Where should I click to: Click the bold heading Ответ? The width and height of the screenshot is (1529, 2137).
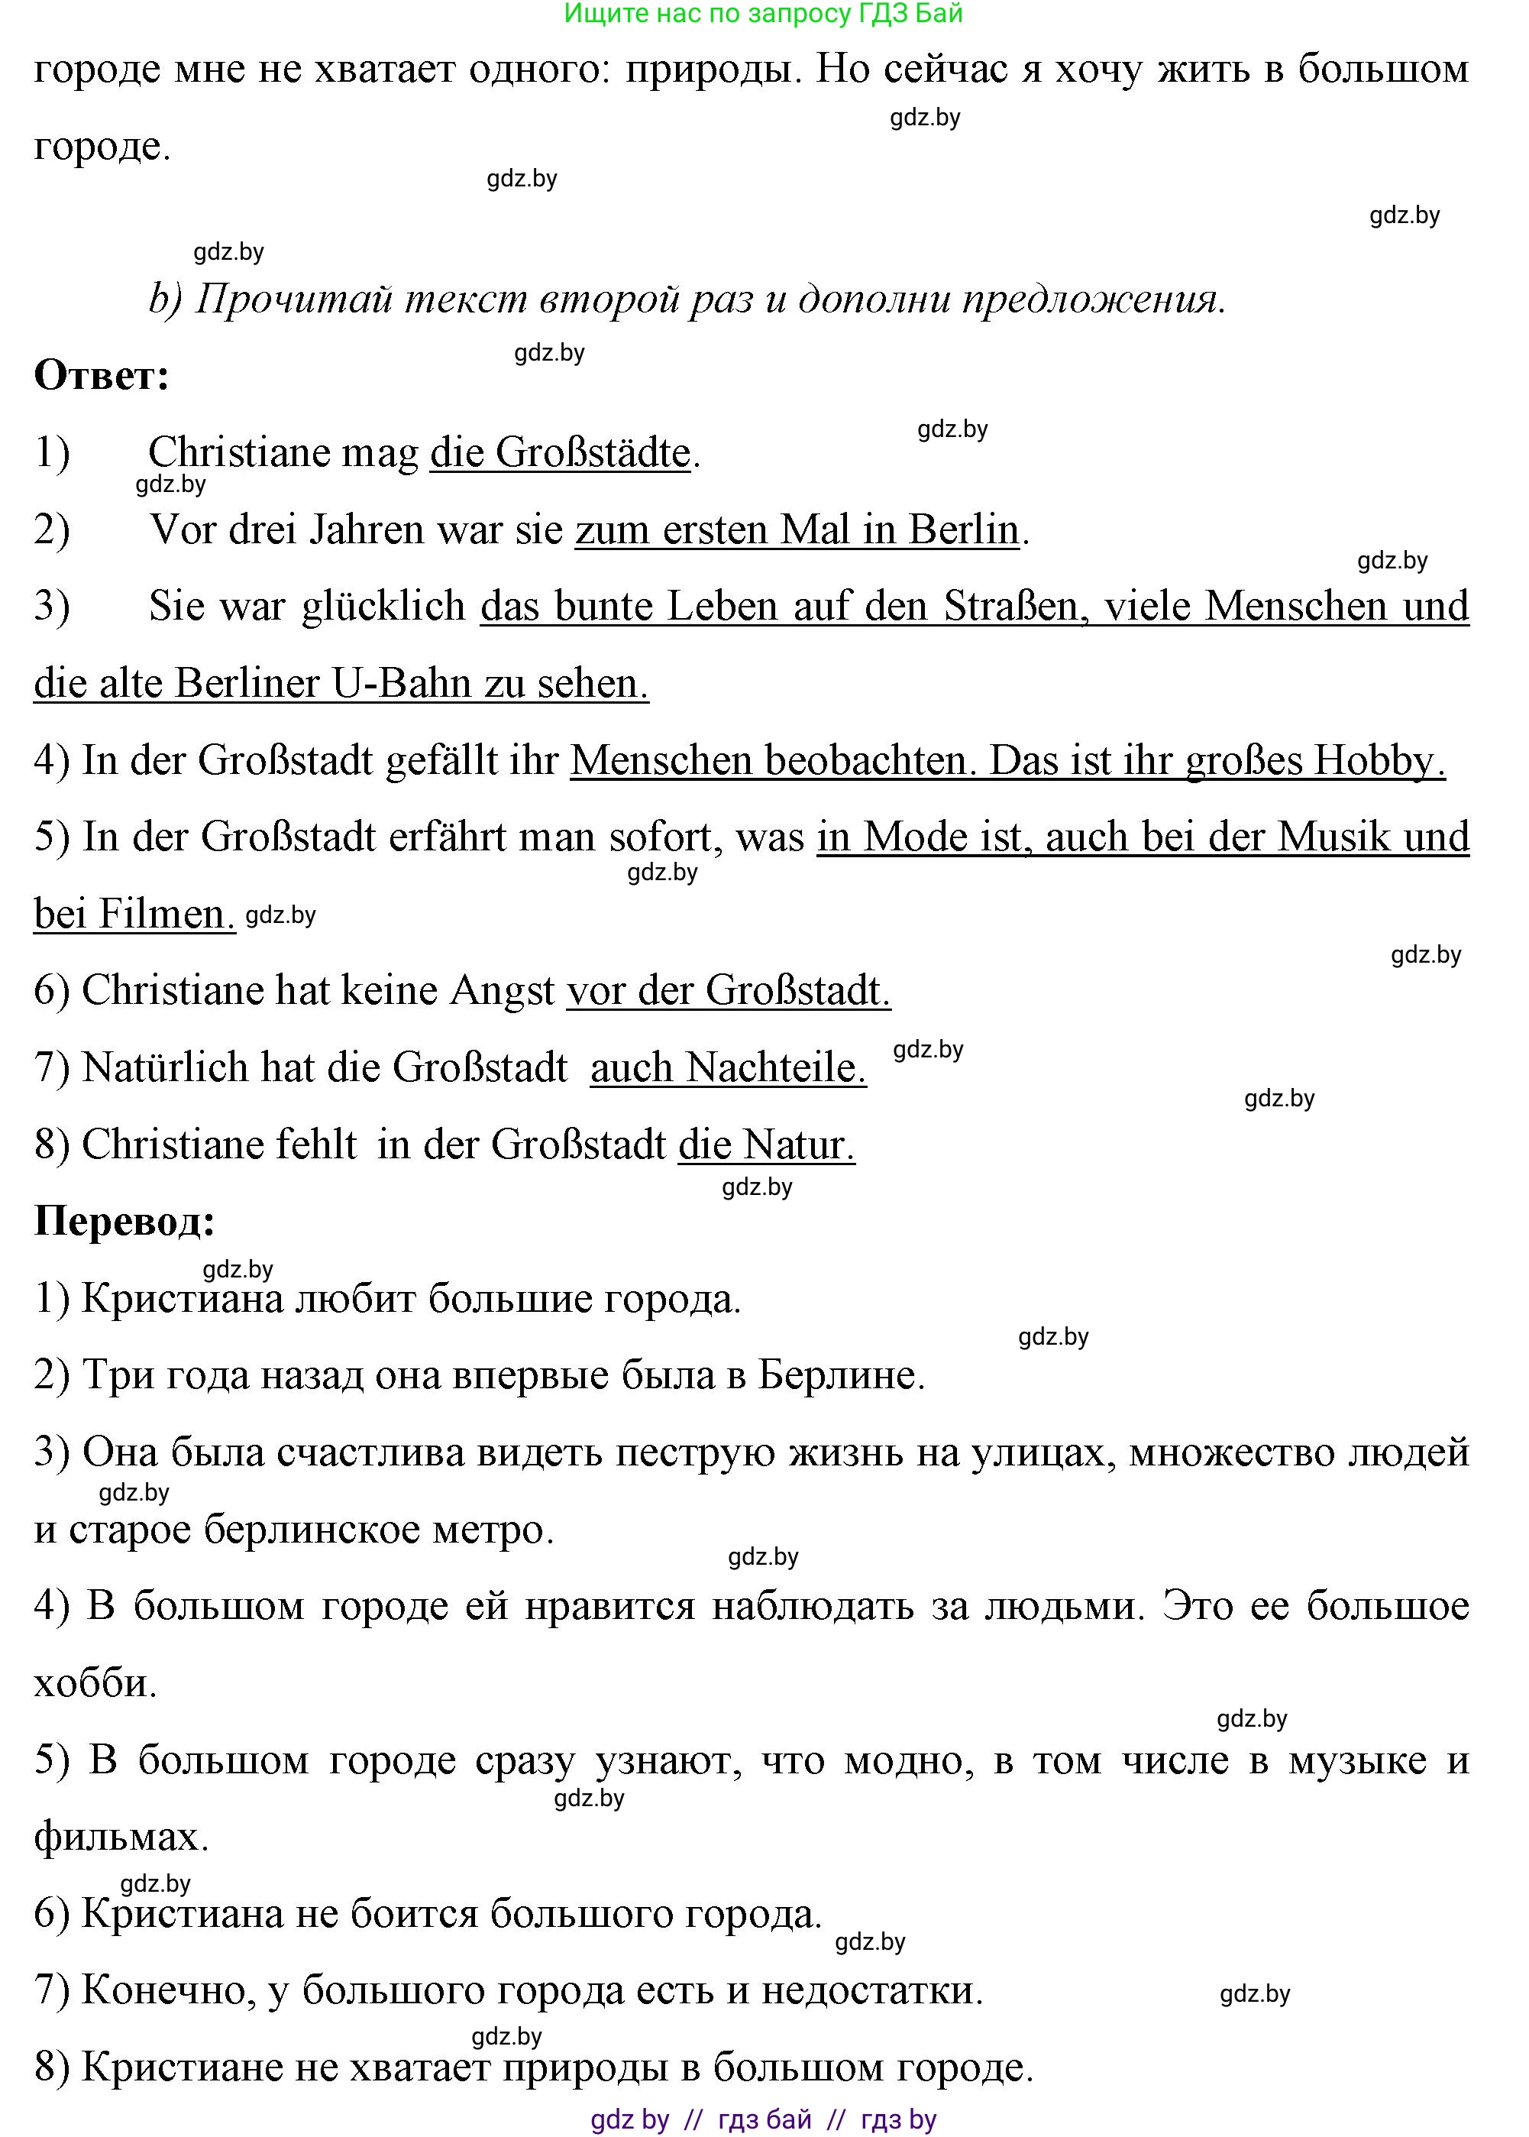pyautogui.click(x=102, y=376)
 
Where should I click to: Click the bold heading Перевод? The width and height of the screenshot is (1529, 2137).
pyautogui.click(x=125, y=1222)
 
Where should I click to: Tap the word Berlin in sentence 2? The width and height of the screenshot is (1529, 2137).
pyautogui.click(x=963, y=530)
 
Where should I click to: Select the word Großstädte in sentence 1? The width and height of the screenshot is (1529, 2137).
pyautogui.click(x=593, y=453)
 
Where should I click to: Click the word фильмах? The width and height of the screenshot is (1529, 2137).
pyautogui.click(x=121, y=1837)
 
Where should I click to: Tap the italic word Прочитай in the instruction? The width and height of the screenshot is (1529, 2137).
pyautogui.click(x=296, y=300)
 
